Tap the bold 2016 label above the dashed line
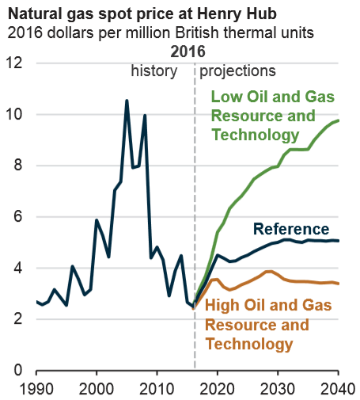pyautogui.click(x=188, y=51)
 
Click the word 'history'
pyautogui.click(x=156, y=71)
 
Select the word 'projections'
pyautogui.click(x=237, y=71)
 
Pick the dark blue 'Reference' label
pyautogui.click(x=290, y=229)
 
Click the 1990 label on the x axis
pyautogui.click(x=36, y=389)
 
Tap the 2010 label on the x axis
pyautogui.click(x=157, y=389)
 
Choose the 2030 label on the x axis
pyautogui.click(x=278, y=389)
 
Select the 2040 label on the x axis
pyautogui.click(x=338, y=389)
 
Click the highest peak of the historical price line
pyautogui.click(x=127, y=101)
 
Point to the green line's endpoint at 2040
pyautogui.click(x=338, y=120)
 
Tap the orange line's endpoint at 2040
pyautogui.click(x=338, y=284)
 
